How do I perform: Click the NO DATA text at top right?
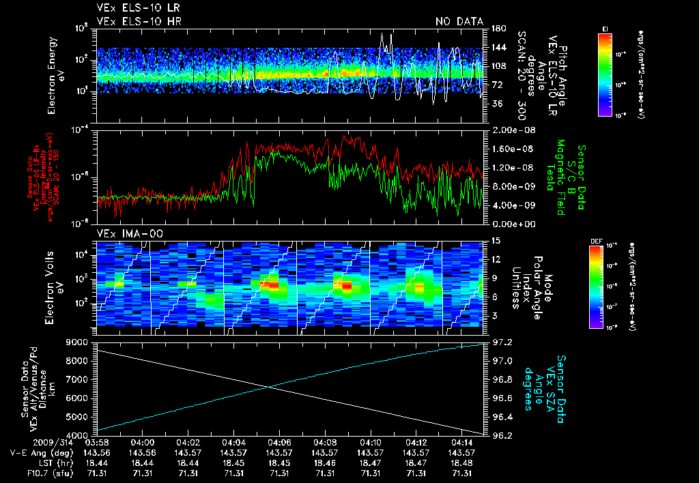pos(459,21)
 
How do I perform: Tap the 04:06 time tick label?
pos(279,442)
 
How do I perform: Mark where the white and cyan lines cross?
pos(270,387)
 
